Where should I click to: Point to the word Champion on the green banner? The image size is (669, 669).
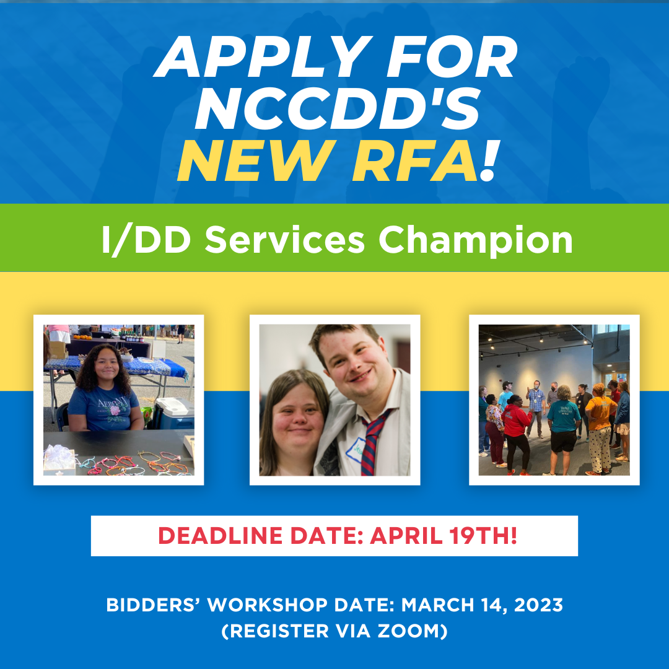click(x=476, y=240)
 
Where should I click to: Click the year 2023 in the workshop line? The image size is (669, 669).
click(x=537, y=605)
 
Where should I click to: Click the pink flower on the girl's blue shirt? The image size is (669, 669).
click(x=114, y=414)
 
